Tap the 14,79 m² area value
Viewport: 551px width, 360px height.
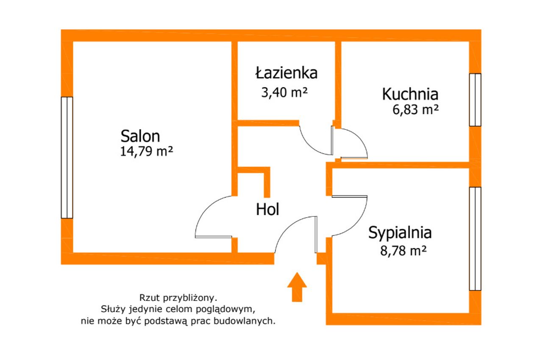click(147, 151)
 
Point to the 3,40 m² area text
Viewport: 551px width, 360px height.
click(284, 92)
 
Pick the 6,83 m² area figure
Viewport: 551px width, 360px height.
click(415, 110)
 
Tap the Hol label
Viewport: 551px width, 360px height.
click(267, 209)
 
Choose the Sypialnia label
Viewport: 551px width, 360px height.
click(400, 233)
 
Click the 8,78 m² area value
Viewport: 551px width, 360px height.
click(404, 251)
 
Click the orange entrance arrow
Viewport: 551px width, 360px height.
click(297, 287)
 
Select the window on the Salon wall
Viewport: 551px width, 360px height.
click(67, 158)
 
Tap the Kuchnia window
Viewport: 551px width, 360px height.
click(475, 100)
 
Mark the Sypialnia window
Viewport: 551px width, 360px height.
click(475, 239)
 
